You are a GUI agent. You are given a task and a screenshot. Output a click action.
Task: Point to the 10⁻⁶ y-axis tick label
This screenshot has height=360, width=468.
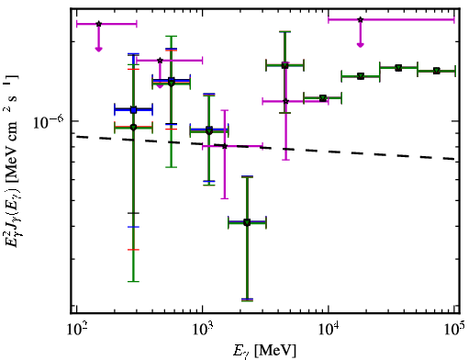click(x=49, y=121)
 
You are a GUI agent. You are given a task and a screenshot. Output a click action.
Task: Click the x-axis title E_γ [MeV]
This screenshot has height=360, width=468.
click(x=264, y=351)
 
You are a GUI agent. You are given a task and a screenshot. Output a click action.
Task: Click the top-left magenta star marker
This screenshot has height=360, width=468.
click(x=98, y=24)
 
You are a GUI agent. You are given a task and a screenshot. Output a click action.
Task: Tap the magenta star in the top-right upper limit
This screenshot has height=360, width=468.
click(x=361, y=19)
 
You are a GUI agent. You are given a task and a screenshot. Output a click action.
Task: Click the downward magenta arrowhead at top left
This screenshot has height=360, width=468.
click(x=98, y=49)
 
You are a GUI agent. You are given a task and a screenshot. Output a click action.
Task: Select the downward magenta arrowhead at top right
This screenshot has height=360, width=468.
click(x=361, y=45)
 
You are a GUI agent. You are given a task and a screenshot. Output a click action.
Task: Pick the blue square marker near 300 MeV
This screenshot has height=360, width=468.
click(x=133, y=110)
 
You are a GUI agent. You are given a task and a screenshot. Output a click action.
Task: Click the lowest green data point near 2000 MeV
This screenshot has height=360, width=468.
click(x=247, y=222)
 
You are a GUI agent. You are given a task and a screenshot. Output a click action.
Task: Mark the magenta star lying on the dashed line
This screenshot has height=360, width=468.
click(x=225, y=146)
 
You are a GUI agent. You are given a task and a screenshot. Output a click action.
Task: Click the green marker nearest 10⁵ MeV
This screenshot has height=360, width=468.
click(x=437, y=71)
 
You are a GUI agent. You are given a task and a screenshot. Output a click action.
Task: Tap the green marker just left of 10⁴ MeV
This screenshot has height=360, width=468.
click(x=323, y=98)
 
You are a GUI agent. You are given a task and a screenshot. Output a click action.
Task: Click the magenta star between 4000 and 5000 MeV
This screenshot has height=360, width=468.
click(x=285, y=101)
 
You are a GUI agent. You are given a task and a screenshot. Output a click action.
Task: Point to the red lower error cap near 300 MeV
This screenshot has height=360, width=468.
click(x=133, y=250)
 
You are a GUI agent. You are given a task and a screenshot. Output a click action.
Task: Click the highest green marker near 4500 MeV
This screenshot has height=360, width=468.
click(x=285, y=65)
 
